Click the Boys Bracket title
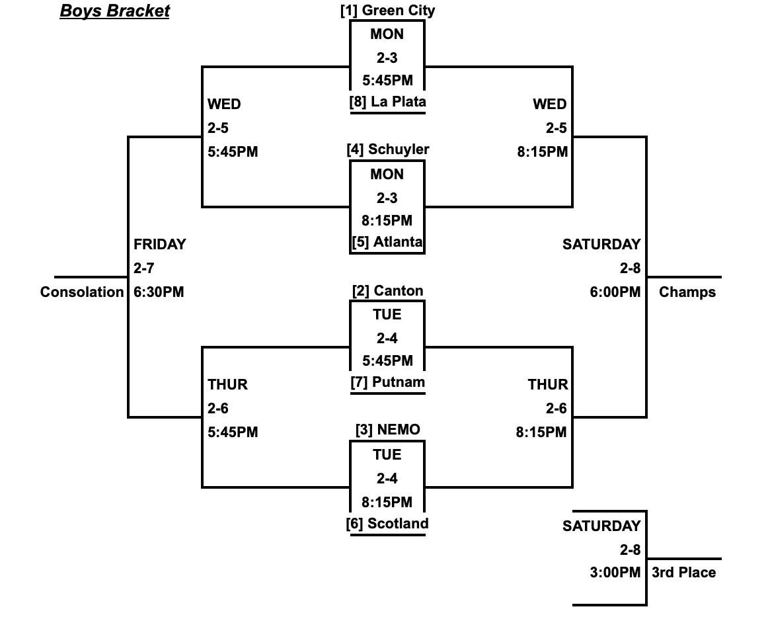click(x=114, y=11)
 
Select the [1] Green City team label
click(x=387, y=11)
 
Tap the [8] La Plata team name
click(x=387, y=102)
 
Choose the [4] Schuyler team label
click(x=387, y=149)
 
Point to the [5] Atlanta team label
click(x=387, y=242)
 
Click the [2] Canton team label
click(x=387, y=291)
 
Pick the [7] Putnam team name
click(x=387, y=382)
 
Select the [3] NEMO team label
click(x=387, y=430)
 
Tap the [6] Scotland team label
click(x=387, y=524)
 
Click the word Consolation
click(x=82, y=292)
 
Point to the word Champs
click(x=687, y=292)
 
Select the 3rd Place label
click(x=683, y=573)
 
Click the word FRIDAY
click(x=159, y=245)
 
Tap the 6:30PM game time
click(x=159, y=292)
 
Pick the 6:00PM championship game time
click(x=615, y=292)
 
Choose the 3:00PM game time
click(x=615, y=573)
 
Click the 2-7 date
click(x=143, y=268)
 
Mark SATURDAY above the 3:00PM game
click(x=601, y=526)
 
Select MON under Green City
click(x=387, y=34)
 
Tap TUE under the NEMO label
click(x=387, y=455)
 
